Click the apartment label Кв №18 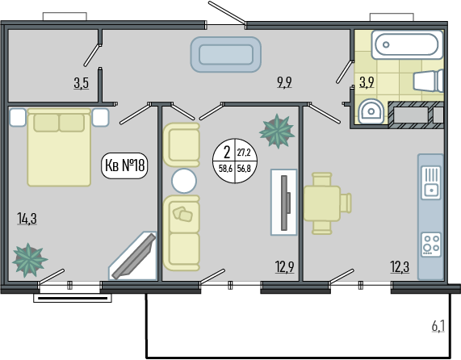tap(124, 165)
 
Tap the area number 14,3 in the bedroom tap(27, 219)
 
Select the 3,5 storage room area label tap(82, 83)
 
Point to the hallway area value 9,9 tap(284, 82)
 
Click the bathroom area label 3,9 tap(367, 82)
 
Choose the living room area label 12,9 tap(285, 267)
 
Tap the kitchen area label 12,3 tap(400, 267)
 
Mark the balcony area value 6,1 tap(438, 326)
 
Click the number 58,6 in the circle tap(225, 169)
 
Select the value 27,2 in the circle tap(244, 153)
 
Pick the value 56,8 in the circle tap(244, 169)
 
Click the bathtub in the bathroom tap(407, 44)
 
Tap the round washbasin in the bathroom tap(371, 111)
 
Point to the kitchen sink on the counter tap(431, 182)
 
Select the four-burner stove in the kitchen tap(431, 245)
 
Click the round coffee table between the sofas tap(184, 181)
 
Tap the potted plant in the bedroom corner tap(29, 260)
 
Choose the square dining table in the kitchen tap(322, 203)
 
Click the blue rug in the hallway tap(226, 54)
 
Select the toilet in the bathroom tap(429, 81)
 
